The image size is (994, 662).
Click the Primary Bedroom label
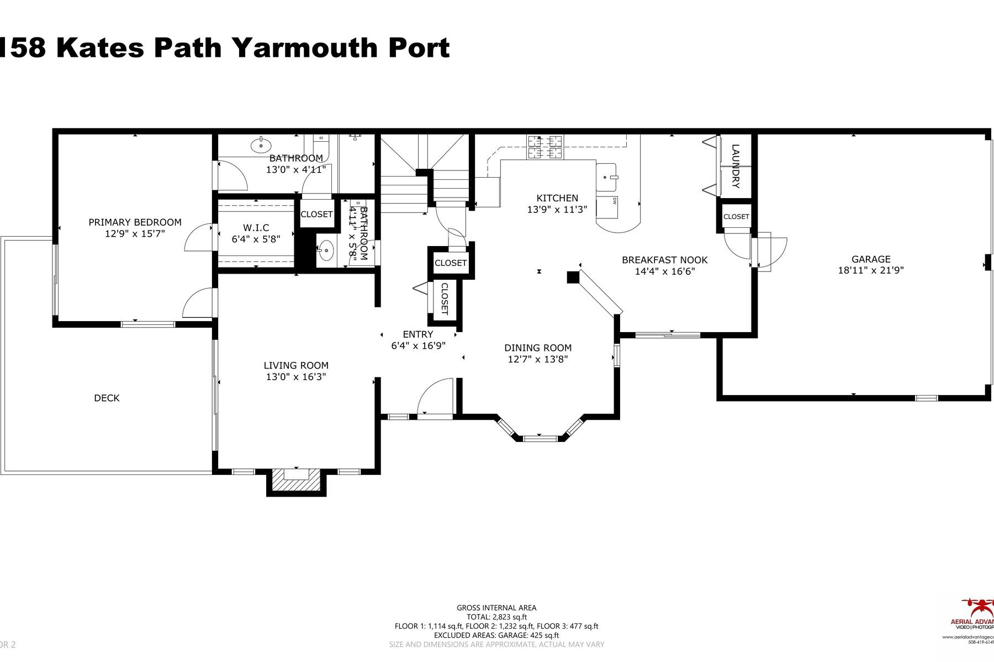pyautogui.click(x=135, y=222)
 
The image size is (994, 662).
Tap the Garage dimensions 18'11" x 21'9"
pyautogui.click(x=870, y=270)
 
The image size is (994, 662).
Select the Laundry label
pyautogui.click(x=736, y=166)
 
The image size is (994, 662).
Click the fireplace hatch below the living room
pyautogui.click(x=296, y=480)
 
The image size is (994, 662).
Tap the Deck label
pyautogui.click(x=107, y=398)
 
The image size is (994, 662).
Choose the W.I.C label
pyautogui.click(x=256, y=228)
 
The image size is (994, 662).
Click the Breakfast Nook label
pyautogui.click(x=664, y=260)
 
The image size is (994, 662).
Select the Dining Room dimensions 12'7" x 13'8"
pyautogui.click(x=537, y=359)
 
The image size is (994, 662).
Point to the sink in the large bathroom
pyautogui.click(x=261, y=146)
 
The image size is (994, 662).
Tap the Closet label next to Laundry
pyautogui.click(x=736, y=216)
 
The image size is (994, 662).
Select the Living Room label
pyautogui.click(x=296, y=365)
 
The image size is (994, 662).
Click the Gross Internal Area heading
pyautogui.click(x=496, y=607)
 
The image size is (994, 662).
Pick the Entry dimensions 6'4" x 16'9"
pyautogui.click(x=418, y=346)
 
